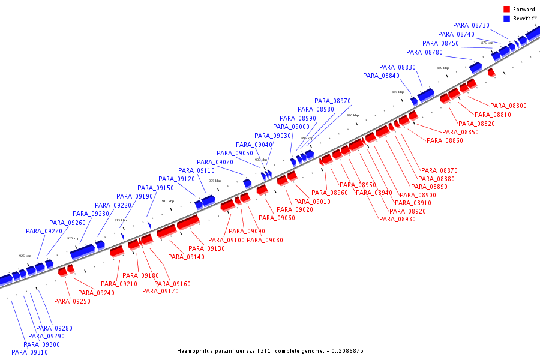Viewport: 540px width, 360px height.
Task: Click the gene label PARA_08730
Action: tap(471, 25)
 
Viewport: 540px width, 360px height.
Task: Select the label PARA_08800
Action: tap(508, 106)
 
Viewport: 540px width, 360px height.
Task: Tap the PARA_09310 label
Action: tap(29, 352)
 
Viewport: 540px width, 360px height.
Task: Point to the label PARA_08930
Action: tap(397, 219)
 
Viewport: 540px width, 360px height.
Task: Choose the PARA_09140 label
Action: tap(186, 257)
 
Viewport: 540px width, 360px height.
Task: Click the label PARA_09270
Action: tap(44, 231)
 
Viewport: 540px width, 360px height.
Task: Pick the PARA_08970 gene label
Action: tap(332, 101)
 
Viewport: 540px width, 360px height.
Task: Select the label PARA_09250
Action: tap(72, 301)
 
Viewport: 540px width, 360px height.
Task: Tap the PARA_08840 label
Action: tap(381, 76)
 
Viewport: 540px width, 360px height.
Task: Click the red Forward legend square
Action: tap(507, 9)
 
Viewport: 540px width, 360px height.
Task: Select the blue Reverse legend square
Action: tap(507, 19)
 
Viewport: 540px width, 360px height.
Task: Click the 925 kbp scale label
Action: tap(25, 256)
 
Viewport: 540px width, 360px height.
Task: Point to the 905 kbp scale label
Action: tap(214, 181)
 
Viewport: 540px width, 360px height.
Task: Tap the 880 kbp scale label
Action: tap(443, 68)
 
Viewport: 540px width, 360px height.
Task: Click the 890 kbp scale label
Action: tap(353, 115)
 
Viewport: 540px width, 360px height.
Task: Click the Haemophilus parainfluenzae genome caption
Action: tap(270, 350)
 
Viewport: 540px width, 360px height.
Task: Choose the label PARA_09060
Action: tap(277, 218)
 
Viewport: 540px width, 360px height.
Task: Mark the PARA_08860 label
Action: tap(445, 140)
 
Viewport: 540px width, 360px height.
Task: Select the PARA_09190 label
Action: tap(134, 196)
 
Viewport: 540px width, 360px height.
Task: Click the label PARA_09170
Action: tap(160, 291)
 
